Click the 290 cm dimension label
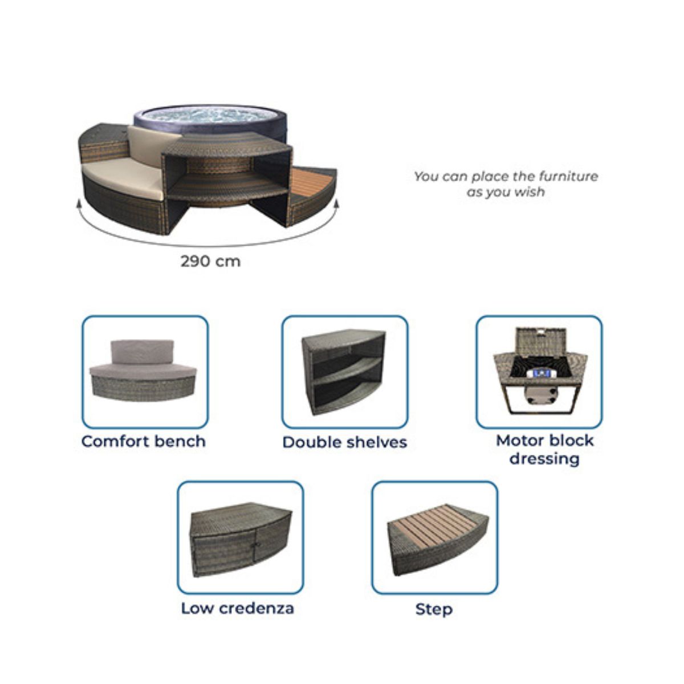pyautogui.click(x=210, y=262)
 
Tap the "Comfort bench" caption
pyautogui.click(x=144, y=442)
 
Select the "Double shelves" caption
pyautogui.click(x=345, y=442)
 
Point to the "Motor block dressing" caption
pyautogui.click(x=544, y=449)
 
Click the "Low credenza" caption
pyautogui.click(x=238, y=608)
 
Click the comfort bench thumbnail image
pyautogui.click(x=142, y=370)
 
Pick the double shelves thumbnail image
pyautogui.click(x=344, y=372)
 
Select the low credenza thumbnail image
pyautogui.click(x=241, y=540)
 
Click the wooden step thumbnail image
pyautogui.click(x=438, y=541)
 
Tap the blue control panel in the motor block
pyautogui.click(x=540, y=373)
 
